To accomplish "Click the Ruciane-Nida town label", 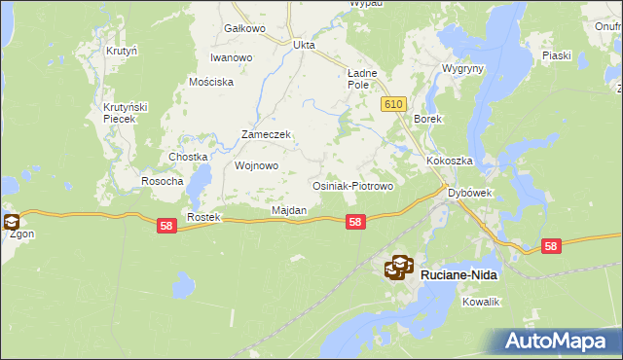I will click(x=458, y=275).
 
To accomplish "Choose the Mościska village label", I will click(x=211, y=82).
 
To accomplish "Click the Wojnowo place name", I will click(x=257, y=165).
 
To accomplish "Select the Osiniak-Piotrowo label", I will click(x=351, y=186).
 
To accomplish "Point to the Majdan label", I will click(x=289, y=210).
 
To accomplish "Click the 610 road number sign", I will click(x=392, y=104).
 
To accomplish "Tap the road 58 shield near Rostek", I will click(x=166, y=226).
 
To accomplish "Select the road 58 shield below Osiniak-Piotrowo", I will click(x=355, y=223).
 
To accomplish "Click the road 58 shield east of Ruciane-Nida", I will click(x=551, y=247).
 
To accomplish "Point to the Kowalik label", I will click(x=481, y=303).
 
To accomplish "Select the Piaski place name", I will click(x=556, y=56).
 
